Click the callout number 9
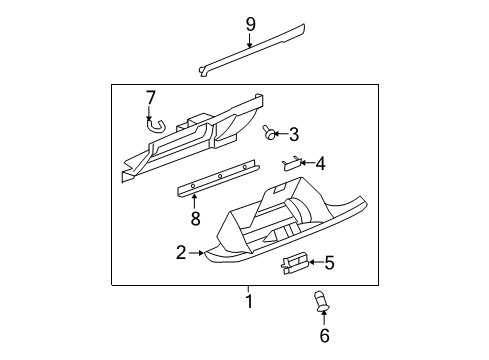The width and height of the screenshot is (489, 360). pyautogui.click(x=251, y=23)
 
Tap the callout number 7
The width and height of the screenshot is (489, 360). pyautogui.click(x=151, y=97)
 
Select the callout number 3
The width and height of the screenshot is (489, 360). pyautogui.click(x=294, y=133)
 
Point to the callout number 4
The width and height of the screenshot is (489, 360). pyautogui.click(x=320, y=163)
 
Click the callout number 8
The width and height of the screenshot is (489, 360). pyautogui.click(x=328, y=263)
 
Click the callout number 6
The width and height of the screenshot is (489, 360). pyautogui.click(x=323, y=336)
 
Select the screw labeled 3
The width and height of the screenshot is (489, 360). pyautogui.click(x=270, y=133)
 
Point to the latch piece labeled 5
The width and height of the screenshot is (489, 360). pyautogui.click(x=294, y=263)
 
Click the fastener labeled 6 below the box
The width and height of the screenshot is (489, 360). pyautogui.click(x=322, y=299)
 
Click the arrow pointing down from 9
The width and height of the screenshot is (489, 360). pyautogui.click(x=251, y=40)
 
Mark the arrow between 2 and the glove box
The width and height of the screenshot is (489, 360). pyautogui.click(x=198, y=254)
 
